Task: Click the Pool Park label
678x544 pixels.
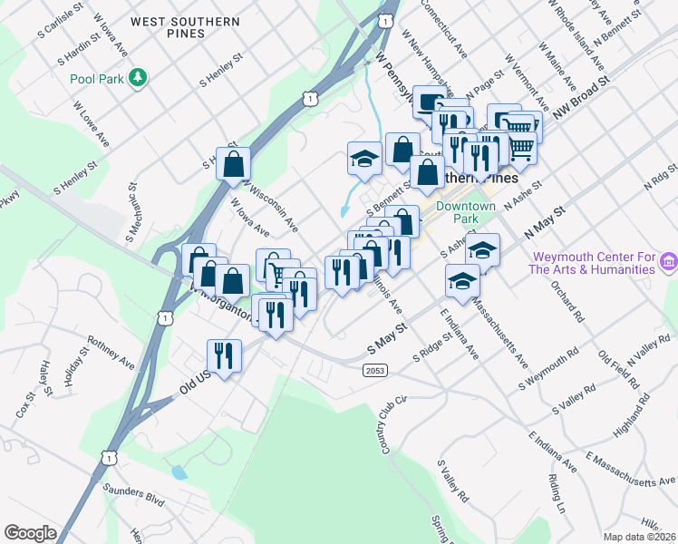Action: [96, 79]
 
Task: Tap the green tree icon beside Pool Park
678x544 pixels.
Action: [138, 78]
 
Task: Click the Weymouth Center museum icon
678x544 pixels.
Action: [669, 262]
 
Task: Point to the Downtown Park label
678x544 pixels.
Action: [465, 212]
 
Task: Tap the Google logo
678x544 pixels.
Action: [30, 532]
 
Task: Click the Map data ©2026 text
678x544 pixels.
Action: [639, 537]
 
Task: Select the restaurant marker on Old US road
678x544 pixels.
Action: [223, 355]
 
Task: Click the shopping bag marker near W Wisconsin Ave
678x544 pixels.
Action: [234, 163]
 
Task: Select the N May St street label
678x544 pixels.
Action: [544, 223]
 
